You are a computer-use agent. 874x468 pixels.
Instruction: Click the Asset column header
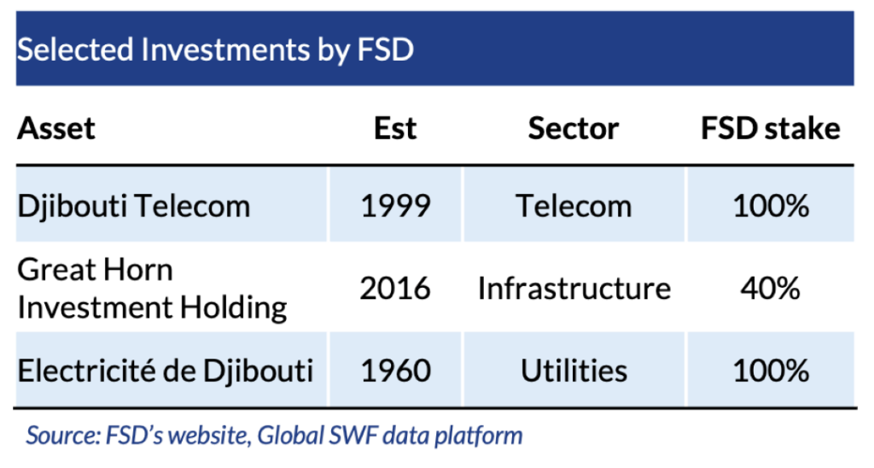[x=56, y=129]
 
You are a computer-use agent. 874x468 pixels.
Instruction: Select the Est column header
[x=394, y=129]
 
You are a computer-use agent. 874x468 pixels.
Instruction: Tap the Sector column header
[x=574, y=129]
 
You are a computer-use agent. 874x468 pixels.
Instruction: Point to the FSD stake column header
[x=771, y=129]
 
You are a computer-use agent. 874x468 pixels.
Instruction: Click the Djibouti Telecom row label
[x=134, y=206]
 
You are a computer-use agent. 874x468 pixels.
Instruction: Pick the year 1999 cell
[x=395, y=206]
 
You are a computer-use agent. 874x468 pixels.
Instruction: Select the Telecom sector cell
[x=574, y=206]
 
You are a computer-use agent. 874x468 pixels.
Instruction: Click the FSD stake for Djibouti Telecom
[x=771, y=206]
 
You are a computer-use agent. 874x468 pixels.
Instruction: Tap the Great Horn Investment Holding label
[x=152, y=289]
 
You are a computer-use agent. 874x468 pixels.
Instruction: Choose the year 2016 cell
[x=395, y=289]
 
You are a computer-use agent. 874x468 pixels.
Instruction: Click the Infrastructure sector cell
[x=574, y=289]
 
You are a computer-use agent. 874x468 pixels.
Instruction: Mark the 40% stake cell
[x=771, y=289]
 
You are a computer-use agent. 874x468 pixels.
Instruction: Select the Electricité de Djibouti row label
[x=165, y=371]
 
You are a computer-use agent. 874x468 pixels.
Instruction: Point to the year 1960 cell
[x=396, y=371]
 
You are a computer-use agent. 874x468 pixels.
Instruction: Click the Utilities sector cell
[x=574, y=371]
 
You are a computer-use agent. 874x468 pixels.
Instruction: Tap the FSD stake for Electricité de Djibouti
[x=771, y=371]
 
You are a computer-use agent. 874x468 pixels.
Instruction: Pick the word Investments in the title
[x=225, y=49]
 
